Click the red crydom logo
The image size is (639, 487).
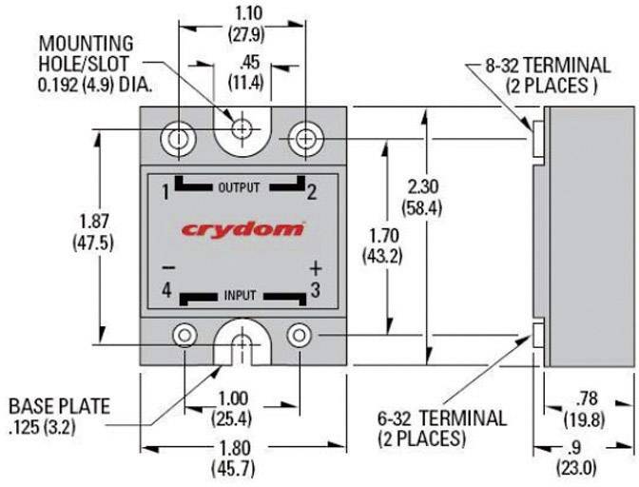pyautogui.click(x=243, y=229)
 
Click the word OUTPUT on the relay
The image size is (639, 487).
pyautogui.click(x=239, y=187)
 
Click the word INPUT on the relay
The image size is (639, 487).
pyautogui.click(x=241, y=296)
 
